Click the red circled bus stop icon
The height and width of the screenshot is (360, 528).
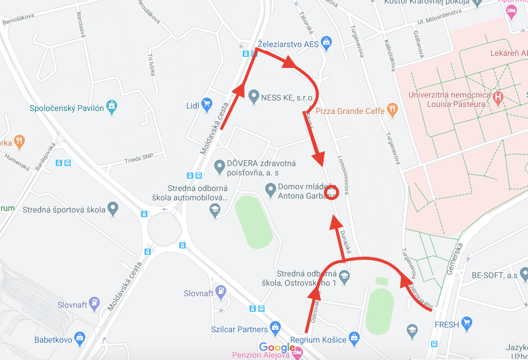click(331, 192)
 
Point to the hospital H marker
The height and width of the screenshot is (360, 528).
click(497, 97)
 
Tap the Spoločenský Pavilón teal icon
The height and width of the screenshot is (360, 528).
click(112, 107)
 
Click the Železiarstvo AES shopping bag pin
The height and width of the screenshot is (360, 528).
click(327, 42)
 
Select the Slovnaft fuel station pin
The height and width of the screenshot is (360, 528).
click(220, 291)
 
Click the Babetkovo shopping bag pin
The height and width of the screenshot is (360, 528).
click(80, 337)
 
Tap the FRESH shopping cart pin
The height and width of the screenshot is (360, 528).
click(466, 323)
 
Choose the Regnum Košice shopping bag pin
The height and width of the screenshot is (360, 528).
click(355, 337)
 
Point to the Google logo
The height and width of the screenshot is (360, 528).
click(277, 347)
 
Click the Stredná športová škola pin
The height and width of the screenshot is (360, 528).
click(113, 207)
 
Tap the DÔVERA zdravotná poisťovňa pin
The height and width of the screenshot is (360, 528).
click(219, 167)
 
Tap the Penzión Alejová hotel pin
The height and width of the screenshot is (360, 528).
click(298, 352)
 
